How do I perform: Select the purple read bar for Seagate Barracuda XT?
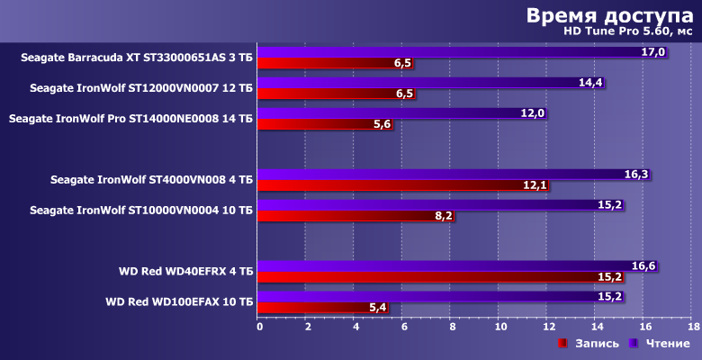coord(450,52)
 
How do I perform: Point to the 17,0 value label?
coord(653,52)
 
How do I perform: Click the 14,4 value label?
coord(590,83)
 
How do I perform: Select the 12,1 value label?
coord(535,185)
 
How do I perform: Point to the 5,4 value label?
coord(379,308)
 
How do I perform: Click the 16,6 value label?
coord(643,265)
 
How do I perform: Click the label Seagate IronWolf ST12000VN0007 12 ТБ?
coord(141,88)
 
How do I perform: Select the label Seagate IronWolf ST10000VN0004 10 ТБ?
coord(141,210)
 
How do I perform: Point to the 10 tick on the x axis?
coord(500,327)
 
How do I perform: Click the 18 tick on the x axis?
coord(693,327)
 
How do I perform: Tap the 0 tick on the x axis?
coord(260,327)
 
